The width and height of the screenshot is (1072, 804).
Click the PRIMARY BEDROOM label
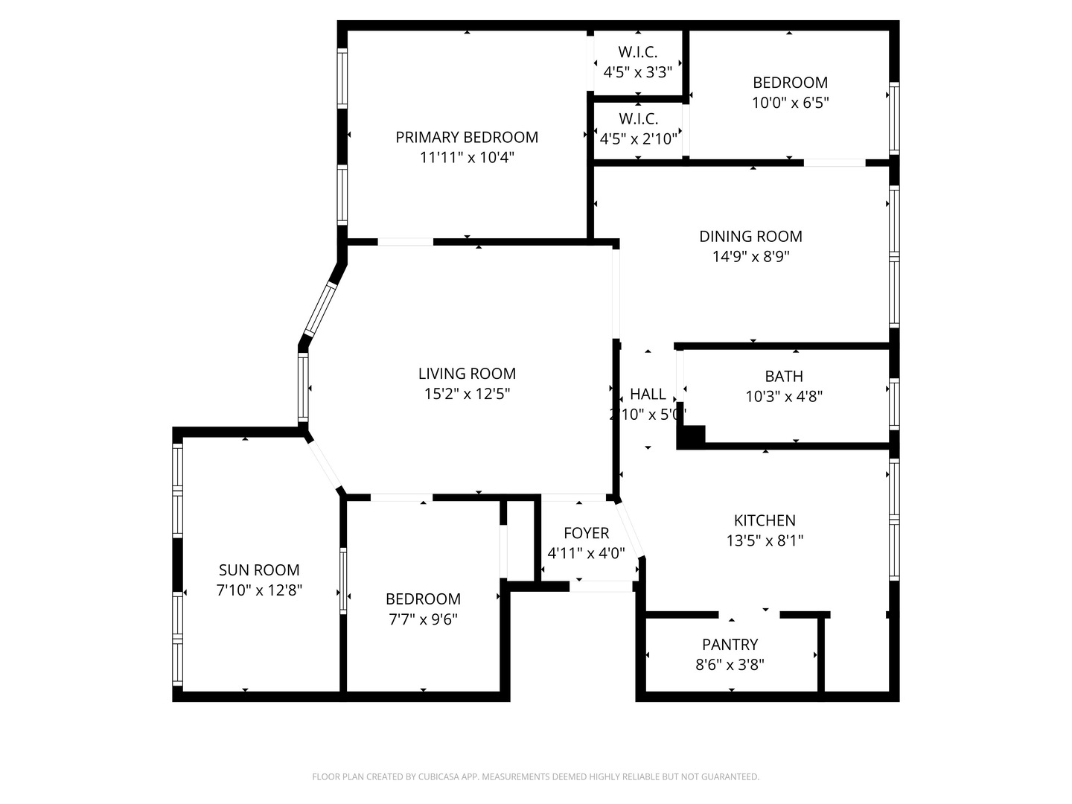click(467, 137)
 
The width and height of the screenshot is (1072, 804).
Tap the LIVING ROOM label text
click(467, 374)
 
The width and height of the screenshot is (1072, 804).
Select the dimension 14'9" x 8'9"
click(750, 257)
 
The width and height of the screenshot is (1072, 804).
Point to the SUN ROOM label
click(259, 570)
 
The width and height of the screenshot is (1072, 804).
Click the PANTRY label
click(730, 645)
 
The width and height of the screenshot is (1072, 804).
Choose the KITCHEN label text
click(765, 520)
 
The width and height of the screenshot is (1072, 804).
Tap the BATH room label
click(784, 377)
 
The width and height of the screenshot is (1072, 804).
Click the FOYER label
click(586, 533)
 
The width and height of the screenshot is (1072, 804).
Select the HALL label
click(648, 395)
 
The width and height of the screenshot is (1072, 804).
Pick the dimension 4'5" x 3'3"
click(638, 73)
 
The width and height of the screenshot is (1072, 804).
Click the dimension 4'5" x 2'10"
click(638, 139)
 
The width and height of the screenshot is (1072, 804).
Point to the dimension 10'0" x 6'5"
click(790, 103)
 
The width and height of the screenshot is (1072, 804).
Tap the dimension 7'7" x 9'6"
click(422, 619)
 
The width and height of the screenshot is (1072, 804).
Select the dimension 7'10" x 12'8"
click(259, 590)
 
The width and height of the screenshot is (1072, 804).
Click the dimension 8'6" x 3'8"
click(730, 665)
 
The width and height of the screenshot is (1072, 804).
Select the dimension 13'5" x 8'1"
click(765, 540)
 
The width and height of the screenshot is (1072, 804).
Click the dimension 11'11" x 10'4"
click(467, 158)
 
